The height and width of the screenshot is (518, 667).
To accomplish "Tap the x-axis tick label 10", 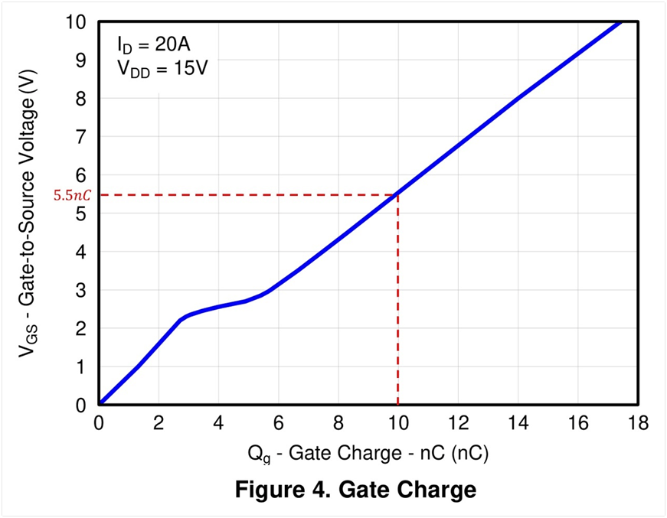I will pyautogui.click(x=397, y=423).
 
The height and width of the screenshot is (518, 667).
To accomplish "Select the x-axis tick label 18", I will pyautogui.click(x=637, y=423).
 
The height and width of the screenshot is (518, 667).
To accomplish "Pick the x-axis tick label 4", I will pyautogui.click(x=218, y=423).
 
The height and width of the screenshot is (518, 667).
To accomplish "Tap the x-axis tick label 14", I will pyautogui.click(x=518, y=423).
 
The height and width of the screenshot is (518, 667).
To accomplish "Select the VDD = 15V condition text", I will pyautogui.click(x=162, y=69).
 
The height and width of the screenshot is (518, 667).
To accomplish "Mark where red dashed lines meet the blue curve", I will pyautogui.click(x=397, y=194).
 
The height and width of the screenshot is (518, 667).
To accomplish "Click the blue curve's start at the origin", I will pyautogui.click(x=100, y=405).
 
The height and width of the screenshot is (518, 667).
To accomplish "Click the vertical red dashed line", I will pyautogui.click(x=397, y=306).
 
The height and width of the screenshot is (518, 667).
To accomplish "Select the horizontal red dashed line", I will pyautogui.click(x=245, y=194).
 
